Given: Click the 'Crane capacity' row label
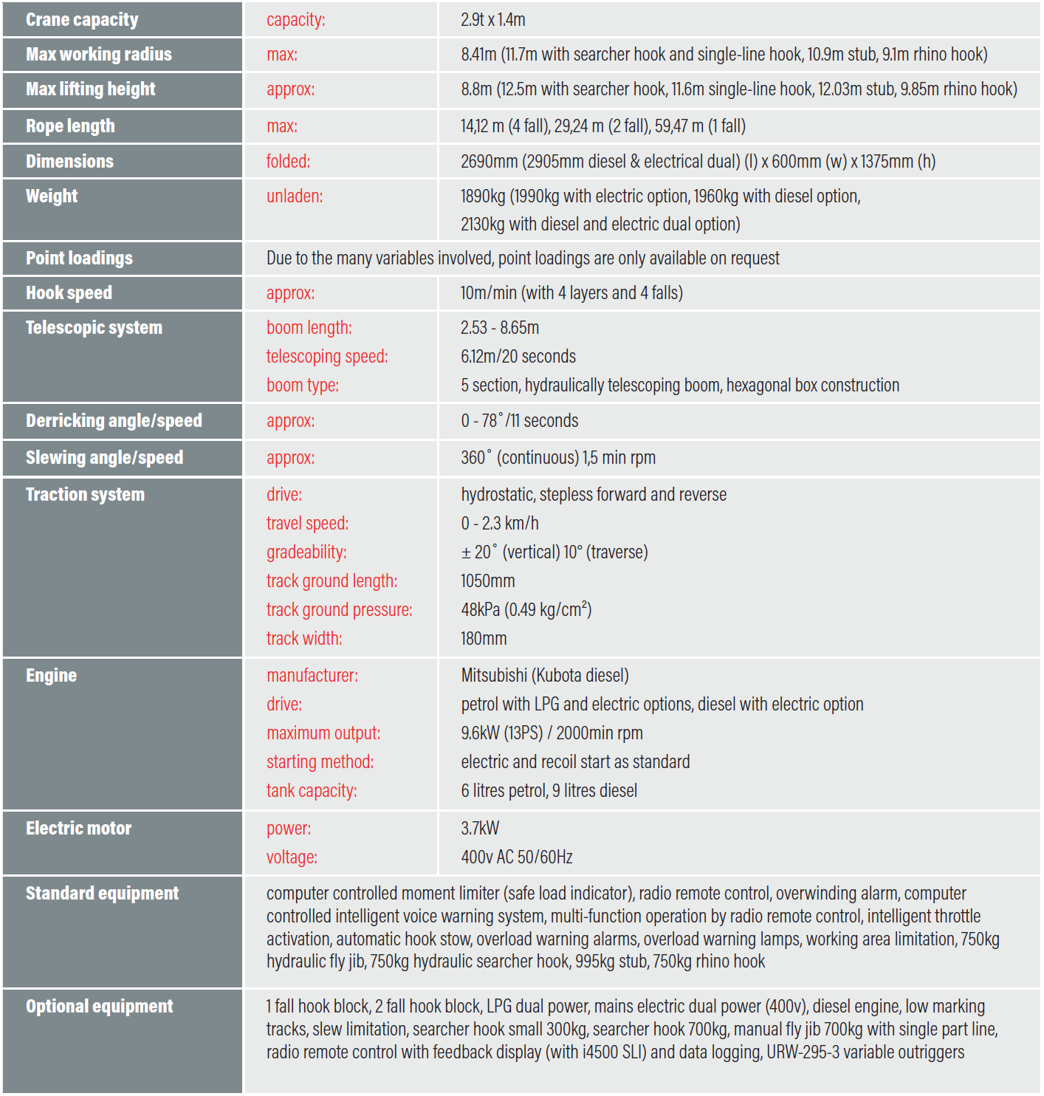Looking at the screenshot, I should pos(82,20).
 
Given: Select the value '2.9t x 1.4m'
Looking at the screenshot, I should pos(492,20).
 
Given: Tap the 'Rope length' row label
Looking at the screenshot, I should pos(70,126).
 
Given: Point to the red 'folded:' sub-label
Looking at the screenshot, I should pos(288,161).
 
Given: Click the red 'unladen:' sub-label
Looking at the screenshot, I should pos(294,196).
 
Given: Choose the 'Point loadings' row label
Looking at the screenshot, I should pos(79,258).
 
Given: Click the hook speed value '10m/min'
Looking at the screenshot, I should pos(488,293).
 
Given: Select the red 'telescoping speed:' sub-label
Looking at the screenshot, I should pos(326,357).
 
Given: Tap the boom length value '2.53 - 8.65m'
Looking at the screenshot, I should pos(499,328).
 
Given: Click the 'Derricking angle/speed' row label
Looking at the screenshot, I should pos(114,421).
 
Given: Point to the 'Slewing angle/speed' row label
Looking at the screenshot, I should pos(104,458).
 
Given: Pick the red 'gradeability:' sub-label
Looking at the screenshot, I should pos(306,552).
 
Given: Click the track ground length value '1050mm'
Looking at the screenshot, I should pos(487,581).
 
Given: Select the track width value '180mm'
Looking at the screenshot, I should pos(483,639).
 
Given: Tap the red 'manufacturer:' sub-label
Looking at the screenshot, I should pos(312,676).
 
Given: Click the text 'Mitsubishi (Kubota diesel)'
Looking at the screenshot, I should pos(544,676).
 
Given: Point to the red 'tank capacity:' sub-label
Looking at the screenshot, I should pos(311,791).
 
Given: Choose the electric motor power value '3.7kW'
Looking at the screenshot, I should pos(480,829).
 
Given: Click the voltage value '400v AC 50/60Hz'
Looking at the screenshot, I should pos(516,857).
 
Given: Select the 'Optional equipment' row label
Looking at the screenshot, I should pos(99,1007).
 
